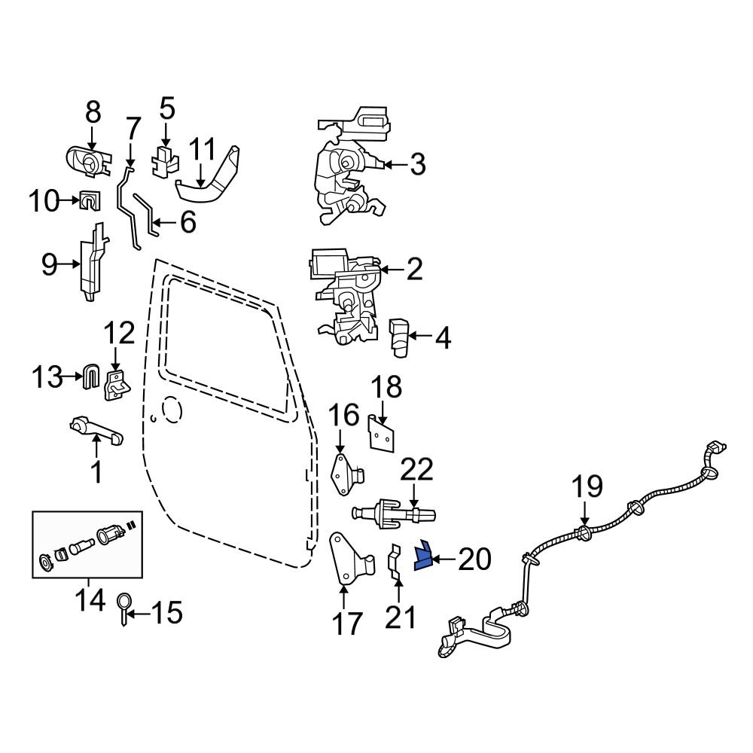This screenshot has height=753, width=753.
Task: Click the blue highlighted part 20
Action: click(x=422, y=556)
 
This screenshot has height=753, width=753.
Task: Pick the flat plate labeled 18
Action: click(x=383, y=432)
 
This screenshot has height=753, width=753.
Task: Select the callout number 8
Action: click(x=93, y=113)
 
